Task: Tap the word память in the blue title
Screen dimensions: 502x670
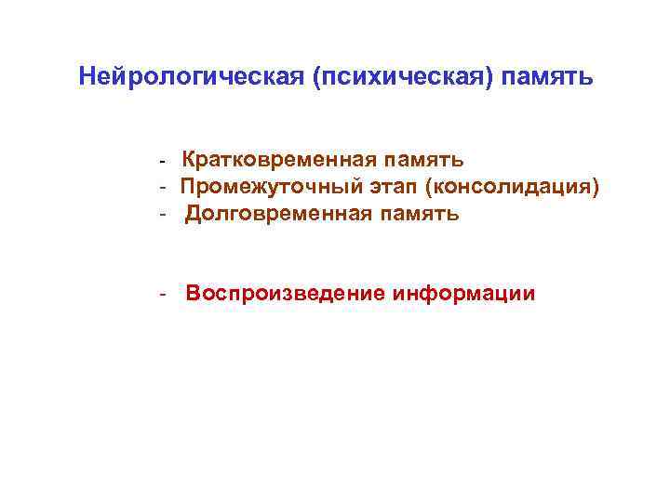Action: (x=547, y=76)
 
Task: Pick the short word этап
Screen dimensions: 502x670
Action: (x=388, y=189)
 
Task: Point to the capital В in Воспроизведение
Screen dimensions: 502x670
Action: (x=194, y=295)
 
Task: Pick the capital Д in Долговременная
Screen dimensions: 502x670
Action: (x=194, y=216)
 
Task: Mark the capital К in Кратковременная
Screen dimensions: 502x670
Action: (x=190, y=163)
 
